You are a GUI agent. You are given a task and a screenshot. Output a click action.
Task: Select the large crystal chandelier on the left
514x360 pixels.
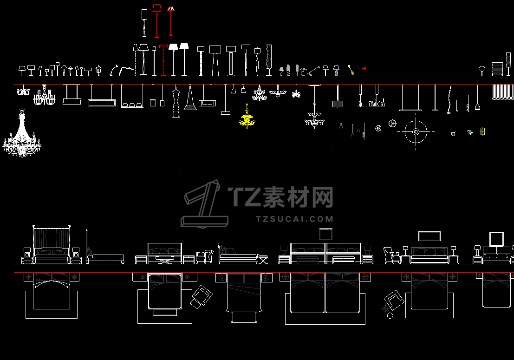click(21, 137)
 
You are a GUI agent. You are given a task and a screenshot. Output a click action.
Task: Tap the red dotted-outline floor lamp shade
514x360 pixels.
click(163, 46)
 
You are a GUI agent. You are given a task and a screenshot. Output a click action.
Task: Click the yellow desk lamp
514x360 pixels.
click(351, 70)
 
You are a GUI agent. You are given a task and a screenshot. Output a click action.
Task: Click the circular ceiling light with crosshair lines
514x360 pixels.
click(416, 132)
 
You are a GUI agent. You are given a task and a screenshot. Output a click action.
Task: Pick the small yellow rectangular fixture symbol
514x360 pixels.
click(482, 131)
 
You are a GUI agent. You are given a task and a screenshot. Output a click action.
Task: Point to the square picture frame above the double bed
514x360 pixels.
click(325, 234)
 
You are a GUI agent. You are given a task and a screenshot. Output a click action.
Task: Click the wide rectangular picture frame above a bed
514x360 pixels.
click(429, 236)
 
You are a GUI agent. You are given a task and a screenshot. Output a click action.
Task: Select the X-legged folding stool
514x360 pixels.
click(263, 259)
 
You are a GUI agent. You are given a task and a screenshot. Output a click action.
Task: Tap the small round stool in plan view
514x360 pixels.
click(390, 316)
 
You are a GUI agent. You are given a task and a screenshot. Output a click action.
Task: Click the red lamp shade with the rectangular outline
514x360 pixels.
click(156, 7)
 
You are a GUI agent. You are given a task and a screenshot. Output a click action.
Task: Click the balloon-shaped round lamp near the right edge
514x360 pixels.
click(482, 69)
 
